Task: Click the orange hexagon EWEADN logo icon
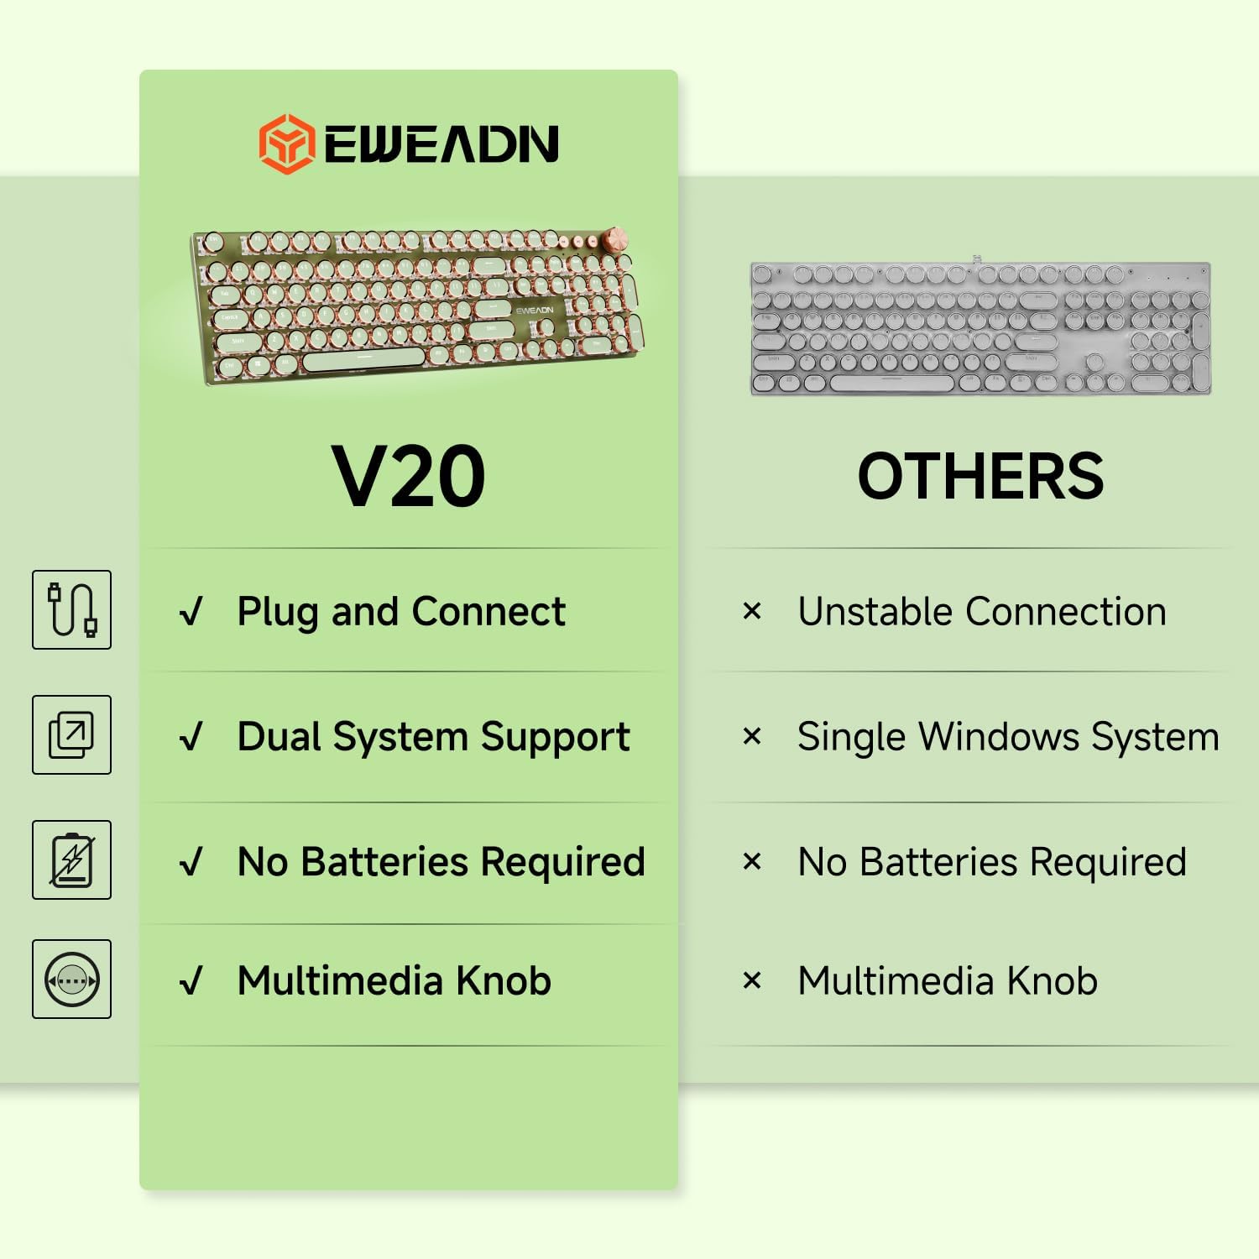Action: coord(287,144)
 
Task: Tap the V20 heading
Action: coord(409,476)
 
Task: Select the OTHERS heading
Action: coord(980,476)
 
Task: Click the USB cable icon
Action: coord(71,609)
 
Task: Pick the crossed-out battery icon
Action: coord(71,859)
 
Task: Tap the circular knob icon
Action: coord(71,980)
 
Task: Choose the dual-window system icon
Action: coord(71,734)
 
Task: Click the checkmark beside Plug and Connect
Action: coord(192,611)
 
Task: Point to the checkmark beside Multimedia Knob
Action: coord(192,980)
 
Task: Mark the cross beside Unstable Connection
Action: coord(752,611)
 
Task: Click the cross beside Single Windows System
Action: coord(752,737)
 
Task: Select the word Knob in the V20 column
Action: coord(504,980)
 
